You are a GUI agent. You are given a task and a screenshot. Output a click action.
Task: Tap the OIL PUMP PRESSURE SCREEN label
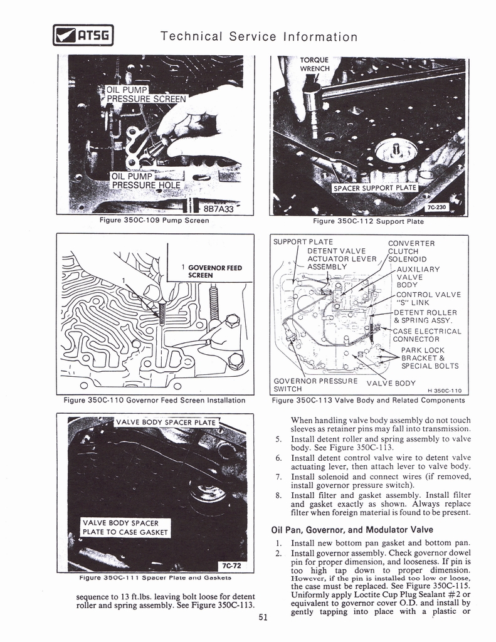click(x=146, y=93)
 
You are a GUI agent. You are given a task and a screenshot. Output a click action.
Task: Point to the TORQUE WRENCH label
click(x=315, y=65)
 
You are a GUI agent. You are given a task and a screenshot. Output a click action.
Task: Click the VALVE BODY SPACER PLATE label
click(x=166, y=423)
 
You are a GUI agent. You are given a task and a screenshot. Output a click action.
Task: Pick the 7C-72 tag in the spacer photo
click(x=233, y=564)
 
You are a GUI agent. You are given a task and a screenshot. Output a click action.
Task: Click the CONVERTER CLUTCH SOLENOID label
click(x=408, y=251)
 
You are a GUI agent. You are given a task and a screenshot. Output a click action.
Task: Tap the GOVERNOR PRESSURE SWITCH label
click(x=315, y=384)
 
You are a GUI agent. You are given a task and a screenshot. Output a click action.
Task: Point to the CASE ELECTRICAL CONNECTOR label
click(x=426, y=335)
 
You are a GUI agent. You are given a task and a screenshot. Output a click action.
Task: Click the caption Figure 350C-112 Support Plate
click(x=368, y=221)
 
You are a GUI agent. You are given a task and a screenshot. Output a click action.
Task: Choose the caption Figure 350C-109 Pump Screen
click(x=154, y=221)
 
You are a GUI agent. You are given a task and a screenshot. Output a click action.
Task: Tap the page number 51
click(x=263, y=617)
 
